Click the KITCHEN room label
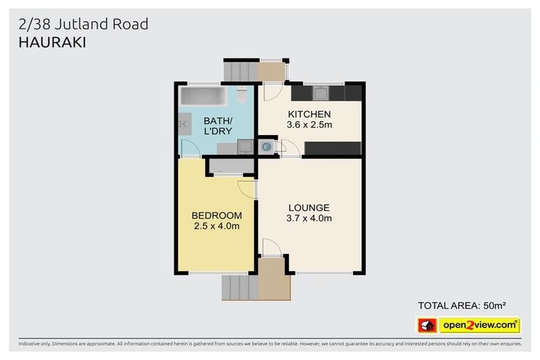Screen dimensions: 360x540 [309, 114]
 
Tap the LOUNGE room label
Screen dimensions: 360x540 [309, 207]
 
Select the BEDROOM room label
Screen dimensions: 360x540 [217, 215]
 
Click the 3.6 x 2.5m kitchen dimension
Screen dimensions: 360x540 [309, 125]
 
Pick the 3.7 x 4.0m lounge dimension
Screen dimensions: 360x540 [309, 219]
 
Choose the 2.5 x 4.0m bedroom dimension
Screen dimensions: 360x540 [217, 226]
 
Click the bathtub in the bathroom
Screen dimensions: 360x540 [205, 96]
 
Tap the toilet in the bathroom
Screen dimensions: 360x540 [241, 95]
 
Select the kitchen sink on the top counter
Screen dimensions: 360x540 [320, 92]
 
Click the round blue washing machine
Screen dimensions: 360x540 [267, 147]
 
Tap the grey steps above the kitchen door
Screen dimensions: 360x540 [240, 71]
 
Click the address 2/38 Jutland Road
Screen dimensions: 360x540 [82, 24]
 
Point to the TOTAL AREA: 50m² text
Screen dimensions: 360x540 [462, 305]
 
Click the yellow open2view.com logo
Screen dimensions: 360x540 [480, 325]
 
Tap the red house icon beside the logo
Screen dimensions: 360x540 [427, 325]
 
